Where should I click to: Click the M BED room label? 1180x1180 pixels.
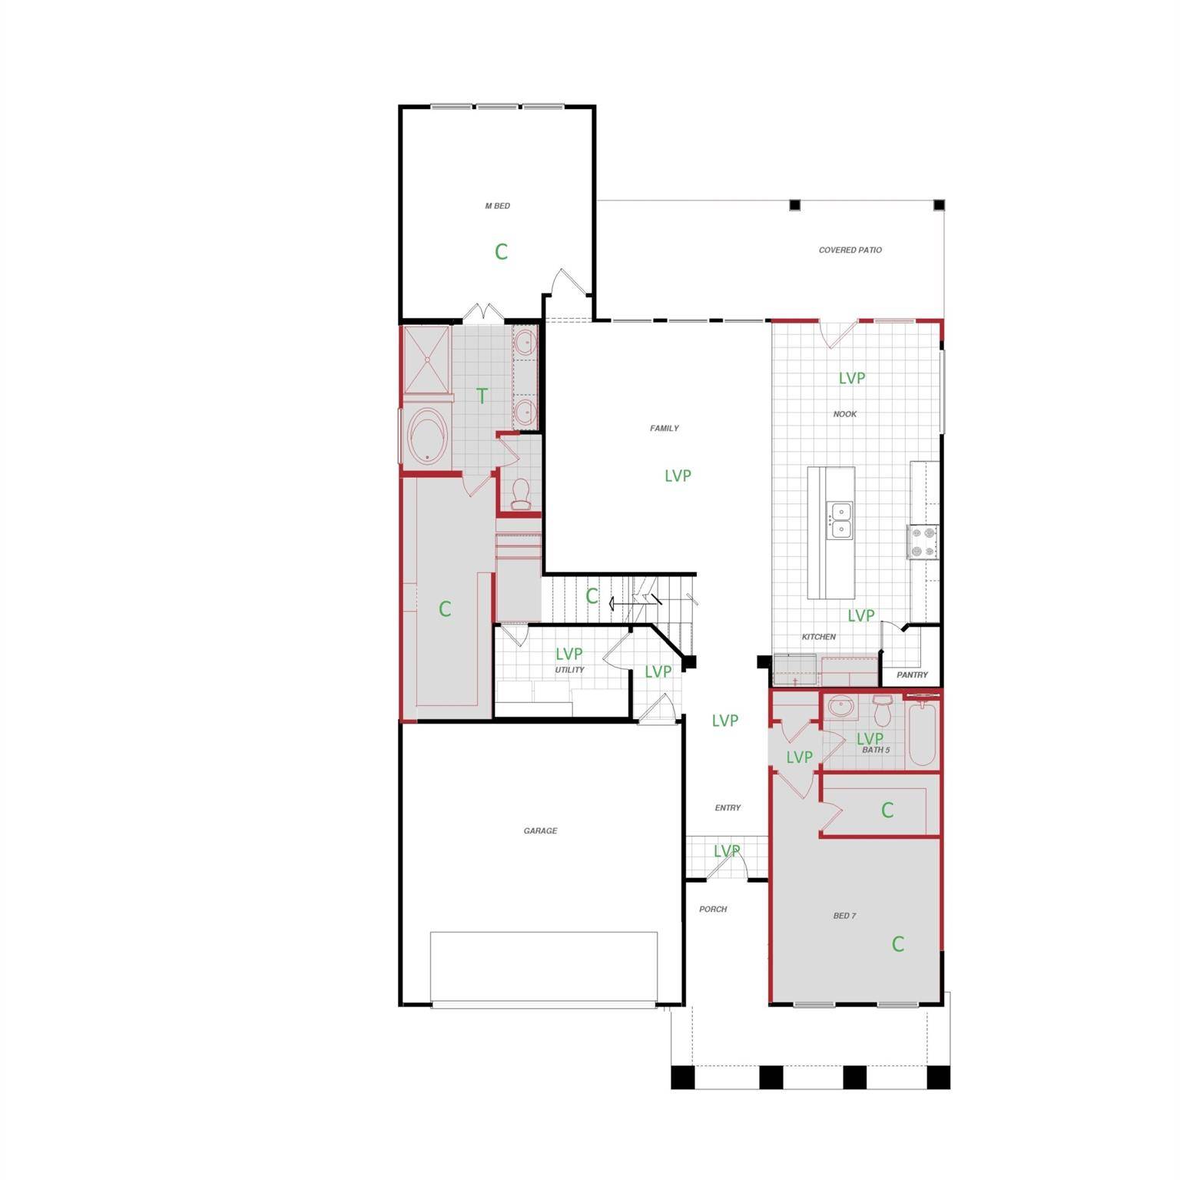click(497, 206)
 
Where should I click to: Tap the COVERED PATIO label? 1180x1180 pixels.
click(850, 250)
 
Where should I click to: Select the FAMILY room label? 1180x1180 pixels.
click(664, 429)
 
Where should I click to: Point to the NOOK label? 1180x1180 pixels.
click(844, 414)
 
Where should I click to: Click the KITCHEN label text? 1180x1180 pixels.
click(818, 637)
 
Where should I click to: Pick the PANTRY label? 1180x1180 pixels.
click(912, 675)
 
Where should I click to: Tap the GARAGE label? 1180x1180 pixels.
click(540, 830)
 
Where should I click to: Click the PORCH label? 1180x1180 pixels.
click(712, 909)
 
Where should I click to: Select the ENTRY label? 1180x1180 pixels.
click(728, 807)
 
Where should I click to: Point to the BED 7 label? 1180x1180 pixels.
click(844, 916)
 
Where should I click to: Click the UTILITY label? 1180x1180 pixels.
click(569, 670)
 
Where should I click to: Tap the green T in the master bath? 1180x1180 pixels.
click(482, 396)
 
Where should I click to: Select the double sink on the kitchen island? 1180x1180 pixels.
click(840, 520)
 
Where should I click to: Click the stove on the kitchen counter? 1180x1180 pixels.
click(923, 542)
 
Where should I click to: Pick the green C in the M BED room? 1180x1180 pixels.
click(501, 251)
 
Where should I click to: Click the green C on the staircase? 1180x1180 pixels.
click(592, 596)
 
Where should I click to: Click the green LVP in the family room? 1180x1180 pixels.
click(678, 476)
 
